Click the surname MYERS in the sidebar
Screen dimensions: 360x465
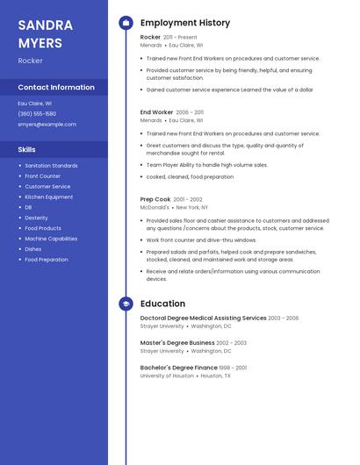point(40,42)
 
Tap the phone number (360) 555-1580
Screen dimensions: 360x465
point(37,114)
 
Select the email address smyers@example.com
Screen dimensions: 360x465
point(47,125)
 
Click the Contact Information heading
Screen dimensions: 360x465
point(56,88)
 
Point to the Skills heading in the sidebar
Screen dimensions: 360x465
point(27,150)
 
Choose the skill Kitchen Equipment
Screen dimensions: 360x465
point(49,197)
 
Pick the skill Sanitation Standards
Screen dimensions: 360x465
point(51,166)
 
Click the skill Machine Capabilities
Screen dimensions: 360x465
point(51,239)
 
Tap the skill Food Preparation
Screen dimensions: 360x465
point(47,260)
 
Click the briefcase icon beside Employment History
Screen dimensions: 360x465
point(126,23)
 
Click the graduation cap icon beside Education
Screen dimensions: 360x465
point(126,304)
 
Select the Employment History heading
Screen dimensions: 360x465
point(185,23)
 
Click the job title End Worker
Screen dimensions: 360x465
point(157,112)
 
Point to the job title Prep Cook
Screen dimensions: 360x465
point(155,199)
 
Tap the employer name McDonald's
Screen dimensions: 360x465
point(155,207)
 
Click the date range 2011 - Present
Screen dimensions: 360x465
point(180,38)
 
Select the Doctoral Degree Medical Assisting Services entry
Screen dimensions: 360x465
point(203,318)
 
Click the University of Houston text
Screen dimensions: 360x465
point(167,376)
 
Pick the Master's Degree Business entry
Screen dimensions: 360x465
point(177,343)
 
